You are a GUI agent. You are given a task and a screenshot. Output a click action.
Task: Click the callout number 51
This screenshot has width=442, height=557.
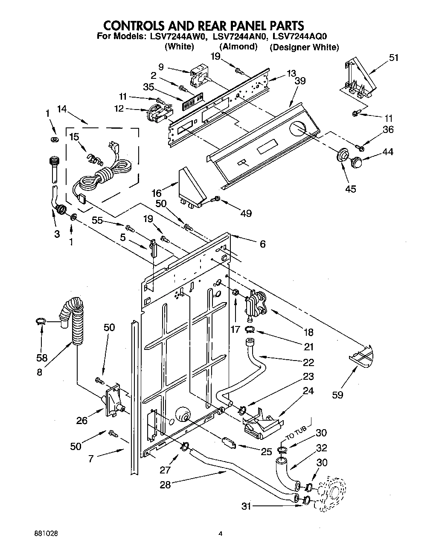point(394,58)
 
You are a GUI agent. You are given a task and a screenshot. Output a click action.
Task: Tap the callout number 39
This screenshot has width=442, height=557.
point(300,81)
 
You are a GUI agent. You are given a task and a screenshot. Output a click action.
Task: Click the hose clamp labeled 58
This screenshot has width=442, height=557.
point(40,322)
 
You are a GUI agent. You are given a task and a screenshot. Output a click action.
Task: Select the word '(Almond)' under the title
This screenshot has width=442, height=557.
point(238,47)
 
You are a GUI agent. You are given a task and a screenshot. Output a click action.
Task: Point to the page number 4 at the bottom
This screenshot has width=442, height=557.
point(221,533)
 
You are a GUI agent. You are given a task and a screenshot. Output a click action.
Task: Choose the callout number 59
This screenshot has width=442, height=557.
point(337,395)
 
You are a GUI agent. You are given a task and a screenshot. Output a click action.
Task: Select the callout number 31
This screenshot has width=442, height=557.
point(246,506)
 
